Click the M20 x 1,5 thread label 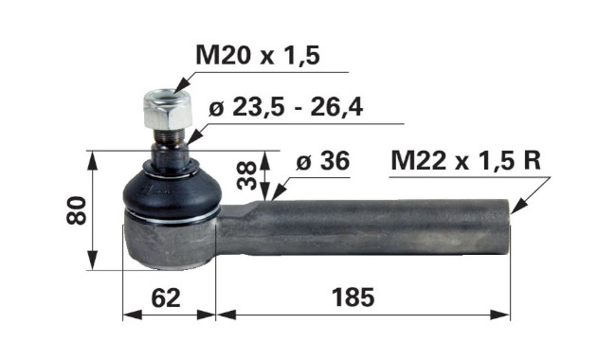pos(258,55)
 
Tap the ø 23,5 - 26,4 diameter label pos(285,107)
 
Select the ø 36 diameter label pos(322,160)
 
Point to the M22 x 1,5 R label pos(466,160)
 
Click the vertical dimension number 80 pos(76,210)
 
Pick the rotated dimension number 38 pos(248,175)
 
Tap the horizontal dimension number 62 pos(166,298)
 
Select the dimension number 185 pos(353,297)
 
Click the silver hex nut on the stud pos(168,110)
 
